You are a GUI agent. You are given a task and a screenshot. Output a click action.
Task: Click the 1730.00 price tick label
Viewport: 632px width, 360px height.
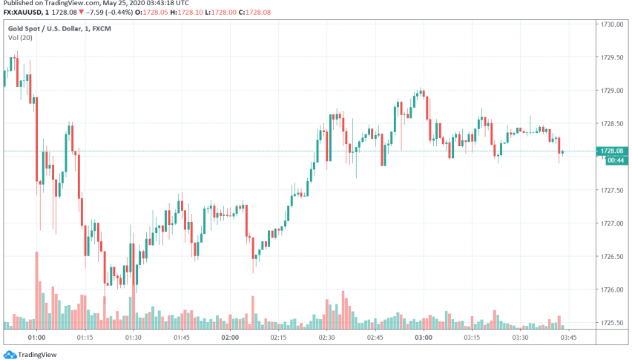coord(611,24)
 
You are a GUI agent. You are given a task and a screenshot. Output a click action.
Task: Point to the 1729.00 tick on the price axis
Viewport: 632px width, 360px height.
coord(611,91)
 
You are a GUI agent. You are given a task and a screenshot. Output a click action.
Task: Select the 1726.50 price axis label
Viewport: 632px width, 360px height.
coord(611,257)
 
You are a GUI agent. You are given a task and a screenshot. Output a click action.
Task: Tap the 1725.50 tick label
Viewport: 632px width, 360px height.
coord(611,323)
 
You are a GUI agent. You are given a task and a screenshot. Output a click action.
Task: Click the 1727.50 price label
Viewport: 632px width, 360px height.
coord(611,191)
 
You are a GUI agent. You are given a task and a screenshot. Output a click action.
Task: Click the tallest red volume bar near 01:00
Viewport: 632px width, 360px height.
coord(36,289)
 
